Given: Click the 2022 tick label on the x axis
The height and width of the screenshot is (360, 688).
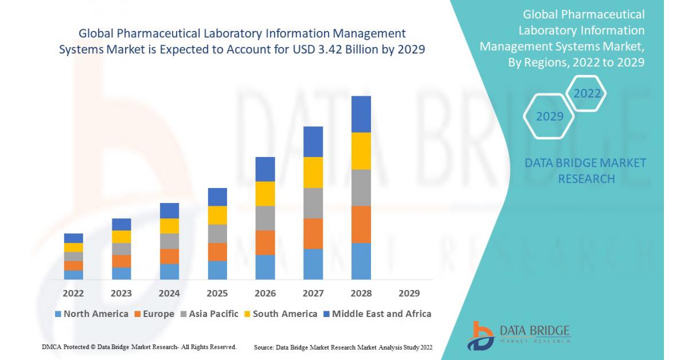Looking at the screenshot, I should [73, 293].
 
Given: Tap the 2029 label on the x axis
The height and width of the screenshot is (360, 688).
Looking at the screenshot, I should [409, 293].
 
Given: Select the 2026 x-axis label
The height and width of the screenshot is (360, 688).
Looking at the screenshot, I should [265, 293].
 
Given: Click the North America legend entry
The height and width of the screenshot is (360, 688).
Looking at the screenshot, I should [91, 314].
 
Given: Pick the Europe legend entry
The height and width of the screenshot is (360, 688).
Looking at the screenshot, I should [154, 314].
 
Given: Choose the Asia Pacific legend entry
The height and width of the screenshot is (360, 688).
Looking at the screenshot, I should [209, 314].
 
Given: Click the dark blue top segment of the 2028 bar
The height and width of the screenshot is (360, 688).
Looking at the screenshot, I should [361, 114].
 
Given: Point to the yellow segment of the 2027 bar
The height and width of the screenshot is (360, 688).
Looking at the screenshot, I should [313, 173].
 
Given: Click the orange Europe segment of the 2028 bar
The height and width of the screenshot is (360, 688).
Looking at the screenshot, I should [361, 224].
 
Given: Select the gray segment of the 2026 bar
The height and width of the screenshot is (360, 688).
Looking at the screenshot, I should [265, 218].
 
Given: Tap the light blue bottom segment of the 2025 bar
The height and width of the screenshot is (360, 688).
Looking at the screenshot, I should [217, 270].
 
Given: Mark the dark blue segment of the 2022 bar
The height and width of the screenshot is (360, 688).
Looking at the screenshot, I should [73, 238].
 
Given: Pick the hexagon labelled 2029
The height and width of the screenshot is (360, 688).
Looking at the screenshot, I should [549, 116].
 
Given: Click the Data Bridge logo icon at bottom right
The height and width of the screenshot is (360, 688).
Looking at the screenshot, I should [480, 335].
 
